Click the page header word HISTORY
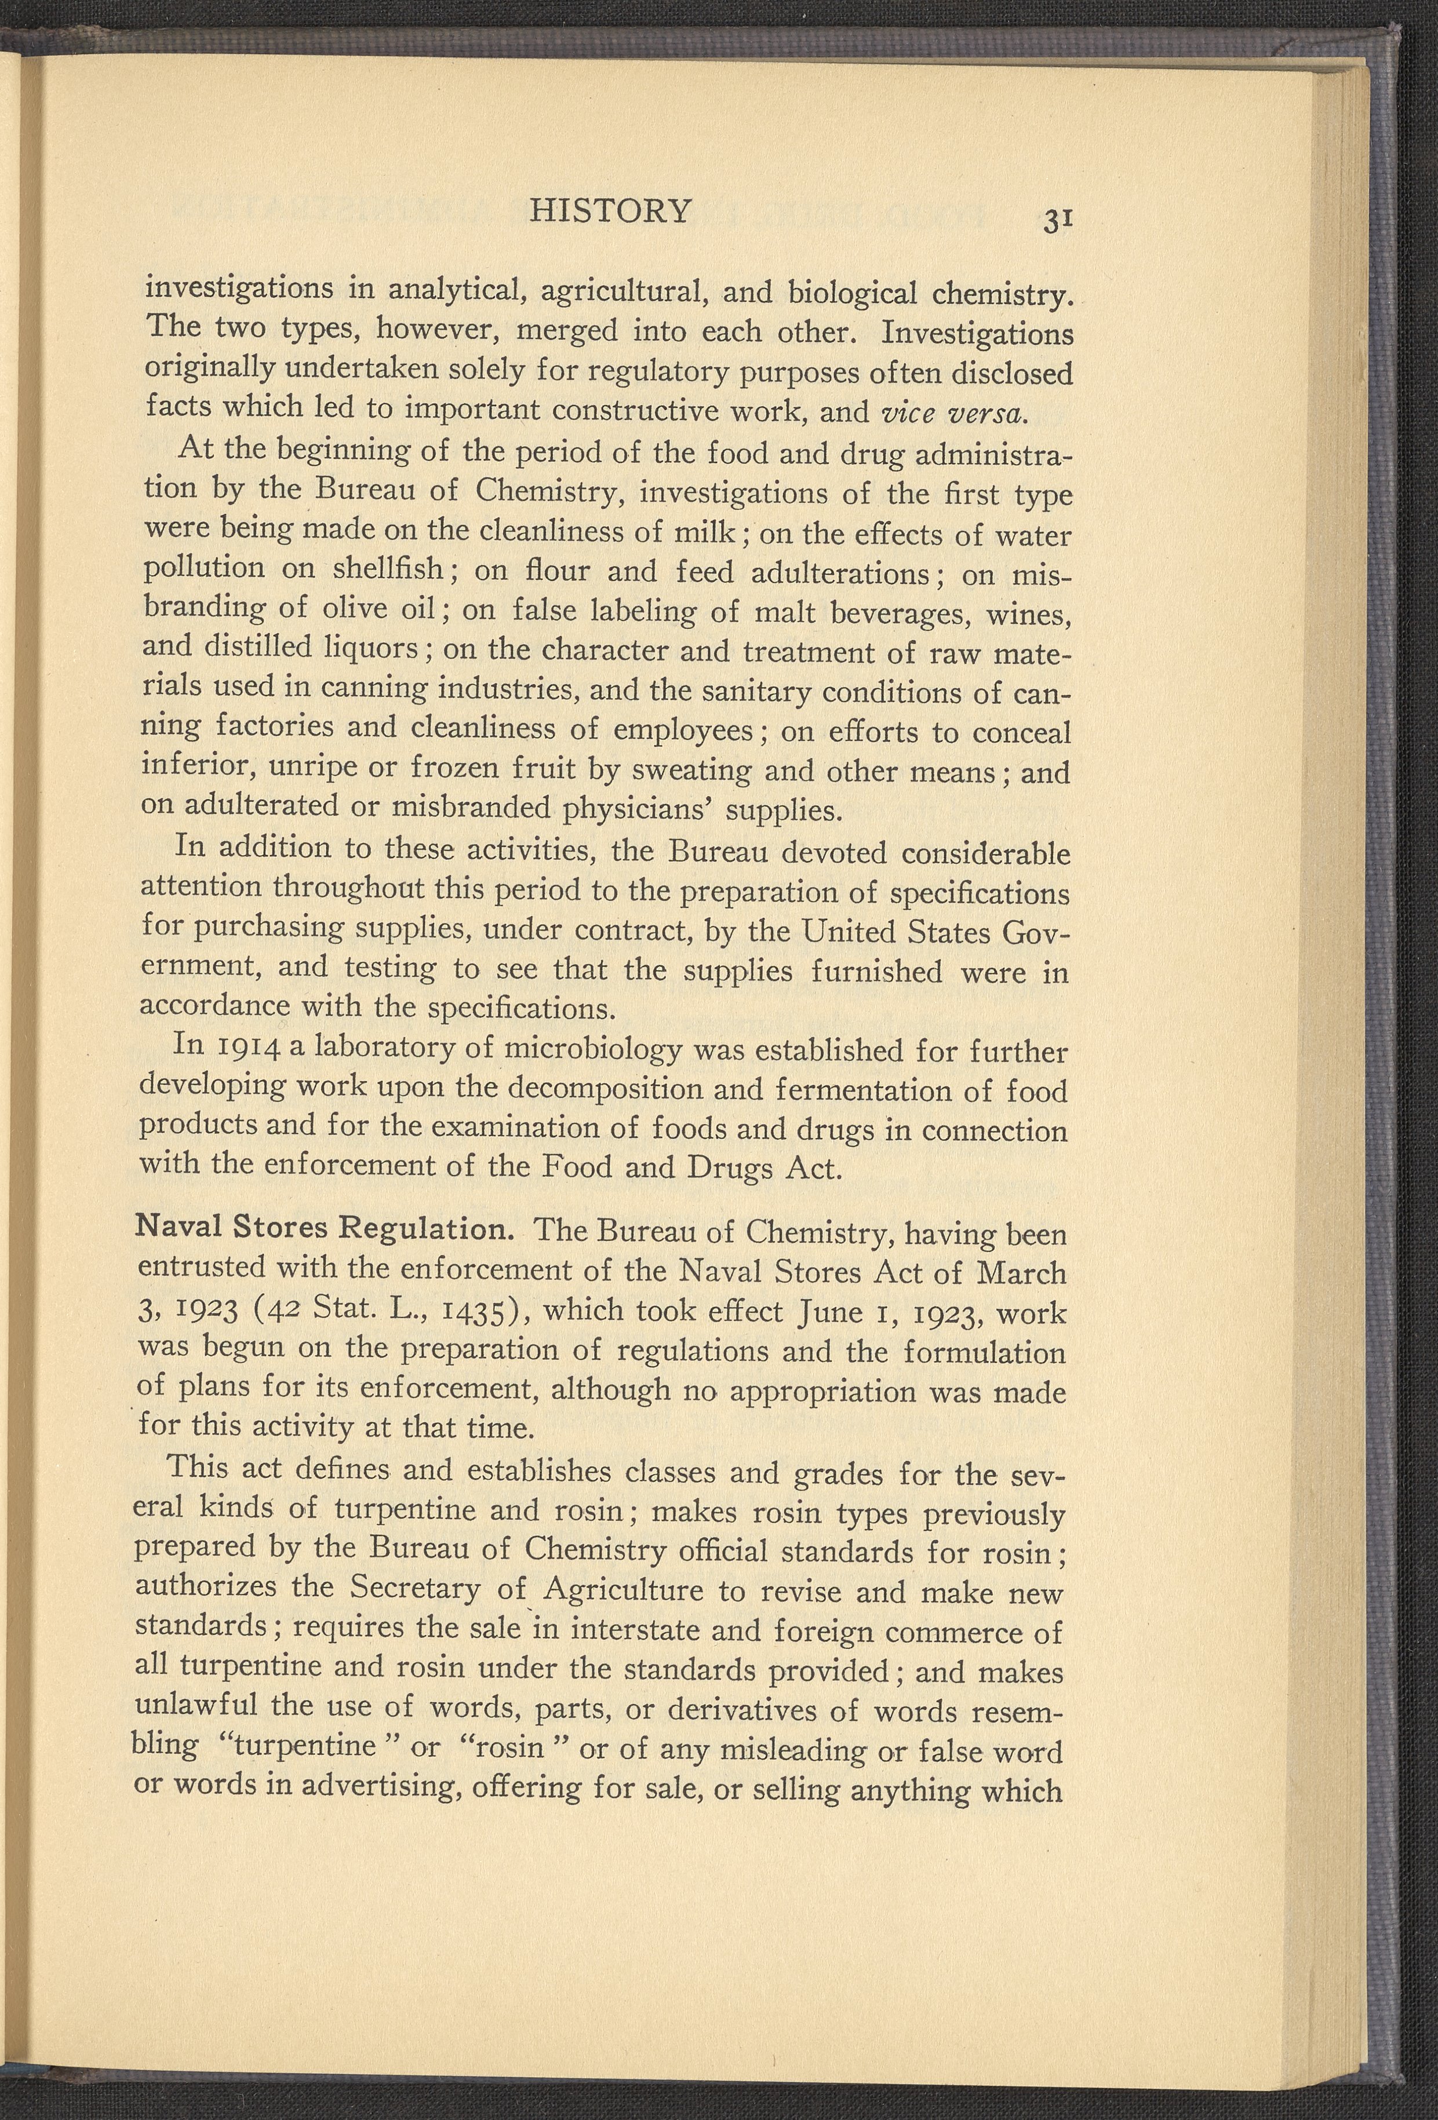[x=610, y=211]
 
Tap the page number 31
[x=1058, y=221]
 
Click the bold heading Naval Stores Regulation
[x=325, y=1228]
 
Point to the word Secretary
[x=415, y=1588]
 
